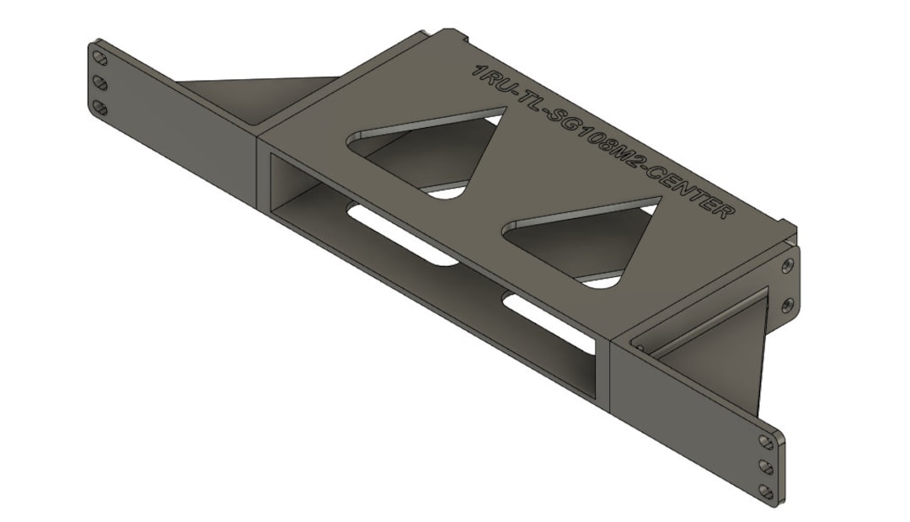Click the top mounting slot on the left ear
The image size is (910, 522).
tap(100, 59)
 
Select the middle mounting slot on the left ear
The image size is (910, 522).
tap(100, 83)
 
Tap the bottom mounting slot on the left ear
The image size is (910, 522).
tap(100, 108)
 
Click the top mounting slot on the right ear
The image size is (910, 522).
tap(765, 442)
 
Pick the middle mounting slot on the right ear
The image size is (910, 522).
tap(765, 466)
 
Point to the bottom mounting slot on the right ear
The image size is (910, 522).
tap(765, 489)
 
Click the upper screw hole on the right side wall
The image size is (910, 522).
tap(786, 266)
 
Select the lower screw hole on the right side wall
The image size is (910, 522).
tap(787, 305)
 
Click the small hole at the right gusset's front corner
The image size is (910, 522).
tap(640, 346)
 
